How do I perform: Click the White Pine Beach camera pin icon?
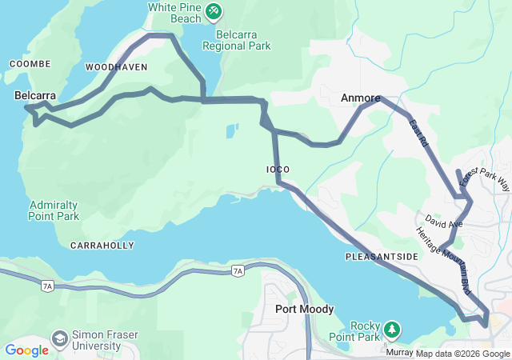click(213, 10)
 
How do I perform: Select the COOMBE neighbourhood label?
click(30, 64)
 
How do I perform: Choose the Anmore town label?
click(359, 98)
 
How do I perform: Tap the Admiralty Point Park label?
click(54, 210)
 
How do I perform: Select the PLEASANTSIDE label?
click(382, 256)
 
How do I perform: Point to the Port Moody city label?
click(304, 309)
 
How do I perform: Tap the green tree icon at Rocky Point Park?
click(391, 329)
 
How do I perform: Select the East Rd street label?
click(418, 132)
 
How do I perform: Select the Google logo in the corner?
click(26, 350)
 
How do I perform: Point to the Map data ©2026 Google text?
click(462, 354)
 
